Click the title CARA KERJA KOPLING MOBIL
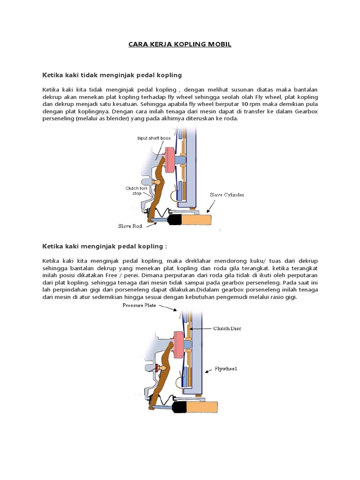pos(180,45)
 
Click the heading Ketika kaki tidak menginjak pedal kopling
pos(112,75)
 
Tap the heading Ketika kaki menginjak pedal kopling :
pos(105,246)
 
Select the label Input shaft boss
pos(154,138)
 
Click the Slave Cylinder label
pos(230,194)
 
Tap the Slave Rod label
pos(129,226)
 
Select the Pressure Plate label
pos(140,306)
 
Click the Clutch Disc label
pos(227,329)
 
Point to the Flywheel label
pos(226,369)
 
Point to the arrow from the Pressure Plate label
pos(168,307)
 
